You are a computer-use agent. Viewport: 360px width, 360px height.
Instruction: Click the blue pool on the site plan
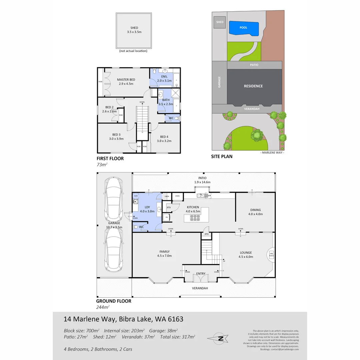pos(244,28)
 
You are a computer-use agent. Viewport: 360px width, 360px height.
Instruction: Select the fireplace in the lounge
pos(271,254)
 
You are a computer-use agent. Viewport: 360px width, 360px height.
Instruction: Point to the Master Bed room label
pos(126,82)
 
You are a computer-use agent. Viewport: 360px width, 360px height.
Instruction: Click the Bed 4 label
pos(164,139)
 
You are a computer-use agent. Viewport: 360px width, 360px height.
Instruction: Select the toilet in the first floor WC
pos(177,118)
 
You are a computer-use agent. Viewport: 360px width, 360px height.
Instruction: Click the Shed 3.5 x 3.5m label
pos(134,30)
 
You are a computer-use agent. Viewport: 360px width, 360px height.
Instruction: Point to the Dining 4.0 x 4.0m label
pos(255,212)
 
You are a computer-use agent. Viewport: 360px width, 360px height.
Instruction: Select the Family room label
pos(164,254)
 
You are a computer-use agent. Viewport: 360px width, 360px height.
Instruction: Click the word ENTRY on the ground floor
pos(201,274)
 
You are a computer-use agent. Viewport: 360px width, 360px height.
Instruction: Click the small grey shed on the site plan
pos(220,22)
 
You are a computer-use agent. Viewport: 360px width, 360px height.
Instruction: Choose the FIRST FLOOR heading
pos(110,159)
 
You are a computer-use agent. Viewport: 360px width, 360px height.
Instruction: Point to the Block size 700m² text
pos(82,331)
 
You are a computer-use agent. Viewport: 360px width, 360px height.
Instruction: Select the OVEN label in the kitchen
pos(177,196)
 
